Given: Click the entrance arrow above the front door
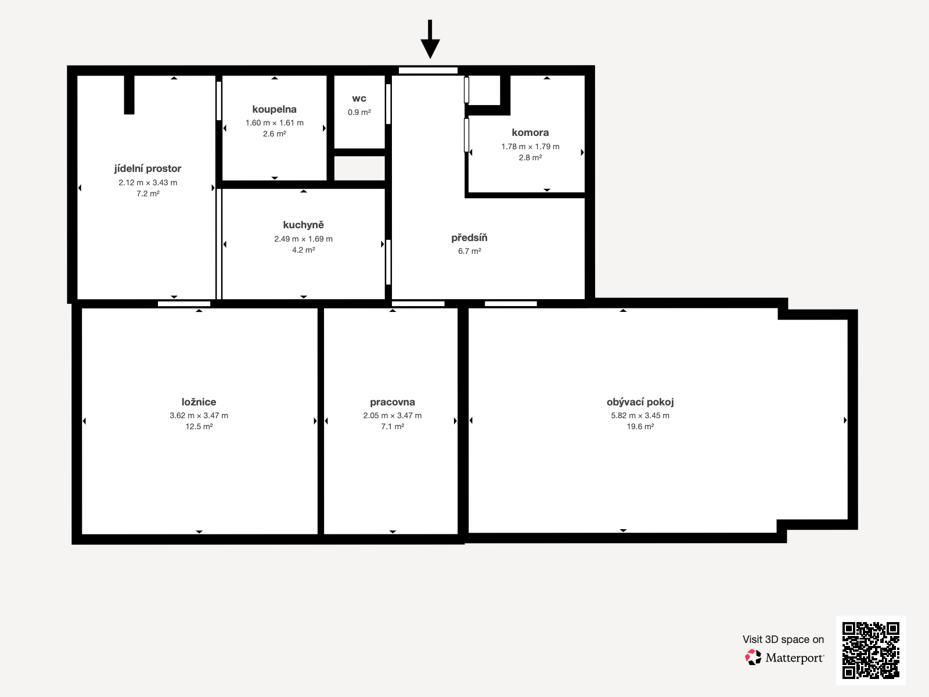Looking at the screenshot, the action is pyautogui.click(x=430, y=39).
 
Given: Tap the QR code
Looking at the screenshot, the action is pyautogui.click(x=870, y=650).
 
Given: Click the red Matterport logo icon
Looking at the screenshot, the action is pyautogui.click(x=753, y=658).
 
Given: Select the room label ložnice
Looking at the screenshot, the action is pyautogui.click(x=199, y=401).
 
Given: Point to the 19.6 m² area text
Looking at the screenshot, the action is pyautogui.click(x=640, y=426).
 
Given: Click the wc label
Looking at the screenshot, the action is pyautogui.click(x=359, y=99).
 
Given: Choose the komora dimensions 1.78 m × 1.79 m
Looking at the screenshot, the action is pyautogui.click(x=530, y=146).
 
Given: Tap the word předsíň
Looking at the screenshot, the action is pyautogui.click(x=469, y=238).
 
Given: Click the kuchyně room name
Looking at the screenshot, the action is pyautogui.click(x=304, y=225).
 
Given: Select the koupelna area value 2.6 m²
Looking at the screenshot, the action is pyautogui.click(x=274, y=134).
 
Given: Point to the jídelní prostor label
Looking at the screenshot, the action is pyautogui.click(x=147, y=168).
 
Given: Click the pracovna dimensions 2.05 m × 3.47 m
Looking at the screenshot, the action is pyautogui.click(x=393, y=415).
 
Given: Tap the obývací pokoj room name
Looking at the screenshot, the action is pyautogui.click(x=640, y=402).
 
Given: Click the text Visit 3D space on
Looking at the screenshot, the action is pyautogui.click(x=783, y=639).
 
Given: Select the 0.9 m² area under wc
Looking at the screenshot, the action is pyautogui.click(x=359, y=112).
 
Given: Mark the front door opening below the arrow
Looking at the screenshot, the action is pyautogui.click(x=429, y=71).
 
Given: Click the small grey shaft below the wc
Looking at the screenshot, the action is pyautogui.click(x=360, y=168).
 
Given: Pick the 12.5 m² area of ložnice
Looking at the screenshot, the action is pyautogui.click(x=199, y=426).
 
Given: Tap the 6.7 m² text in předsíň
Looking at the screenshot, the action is pyautogui.click(x=469, y=251).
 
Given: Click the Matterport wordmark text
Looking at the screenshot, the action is pyautogui.click(x=795, y=658).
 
